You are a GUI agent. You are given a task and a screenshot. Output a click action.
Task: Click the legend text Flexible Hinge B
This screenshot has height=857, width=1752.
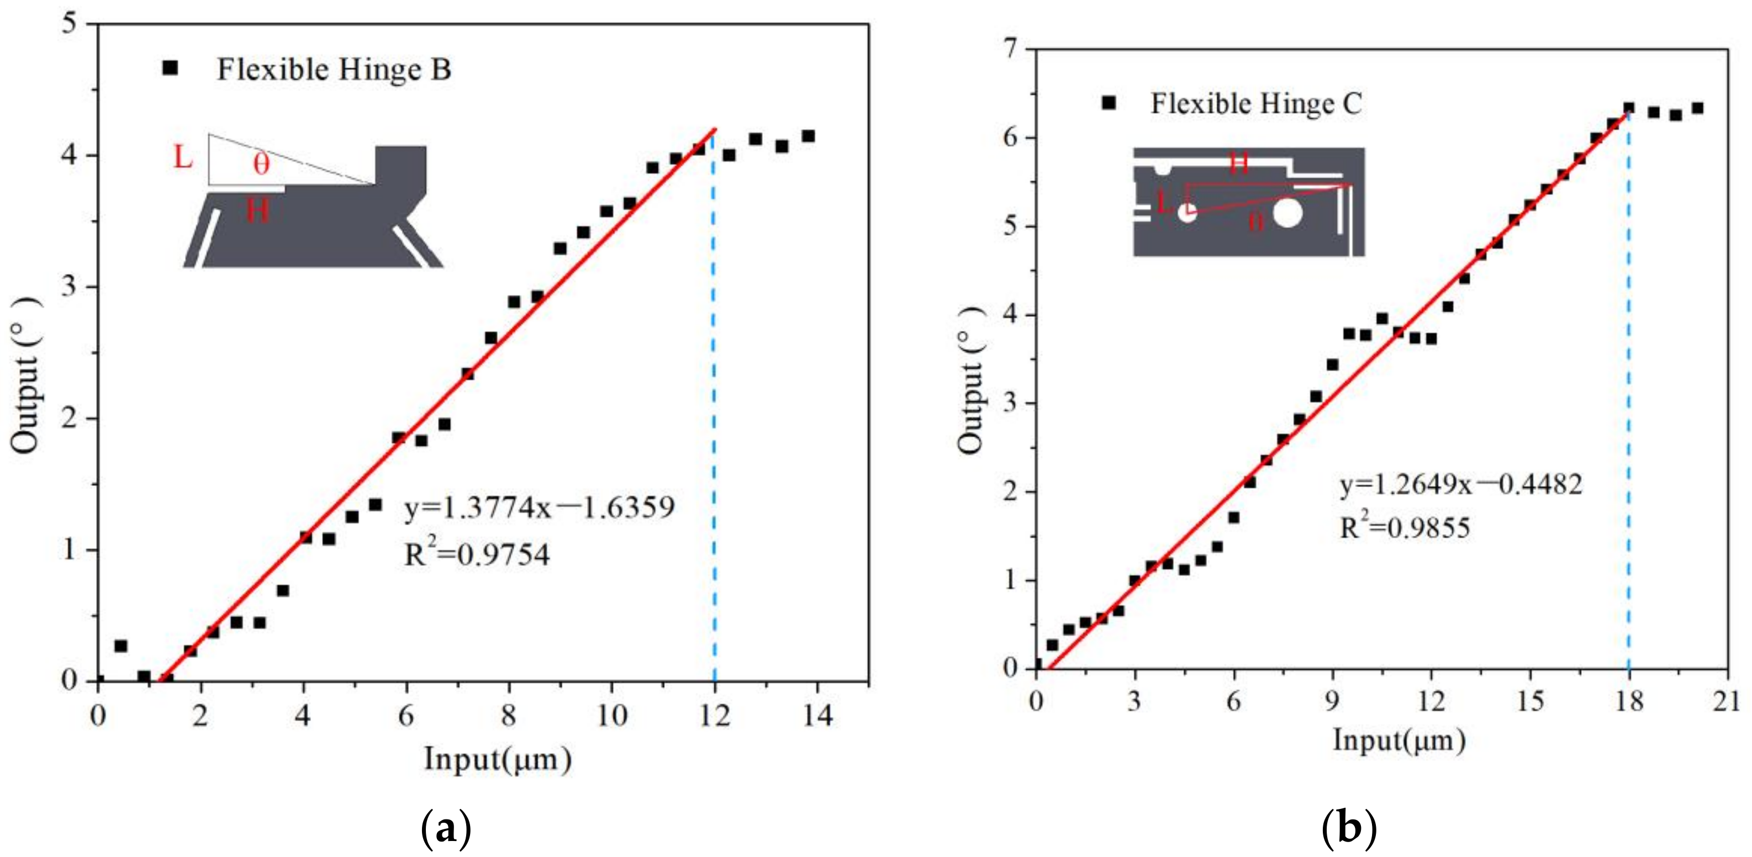coord(333,70)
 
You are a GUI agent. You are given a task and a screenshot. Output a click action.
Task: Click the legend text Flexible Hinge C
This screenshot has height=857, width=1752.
coord(1256,104)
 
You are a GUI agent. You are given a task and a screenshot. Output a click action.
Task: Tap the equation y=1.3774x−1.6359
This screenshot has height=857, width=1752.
coord(539,508)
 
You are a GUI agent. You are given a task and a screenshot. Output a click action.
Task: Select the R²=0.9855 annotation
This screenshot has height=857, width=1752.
coord(1405,528)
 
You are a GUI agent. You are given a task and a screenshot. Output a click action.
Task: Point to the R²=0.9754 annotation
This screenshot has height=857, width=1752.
coord(477,555)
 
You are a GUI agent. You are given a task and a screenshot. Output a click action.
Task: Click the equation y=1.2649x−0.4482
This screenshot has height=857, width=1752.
coord(1461,485)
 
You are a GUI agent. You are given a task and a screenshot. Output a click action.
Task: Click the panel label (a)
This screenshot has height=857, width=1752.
coord(446,831)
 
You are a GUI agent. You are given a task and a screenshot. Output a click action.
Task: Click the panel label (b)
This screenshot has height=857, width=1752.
coord(1349,831)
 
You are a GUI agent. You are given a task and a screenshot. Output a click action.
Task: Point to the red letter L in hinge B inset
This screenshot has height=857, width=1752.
coord(183,158)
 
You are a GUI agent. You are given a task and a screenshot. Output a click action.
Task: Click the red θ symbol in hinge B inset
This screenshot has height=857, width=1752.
coord(261,163)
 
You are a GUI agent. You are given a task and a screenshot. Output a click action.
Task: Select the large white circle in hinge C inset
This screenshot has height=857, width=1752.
coord(1287,213)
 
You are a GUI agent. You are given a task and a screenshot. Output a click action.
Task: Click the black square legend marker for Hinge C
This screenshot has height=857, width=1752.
coord(1109,103)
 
